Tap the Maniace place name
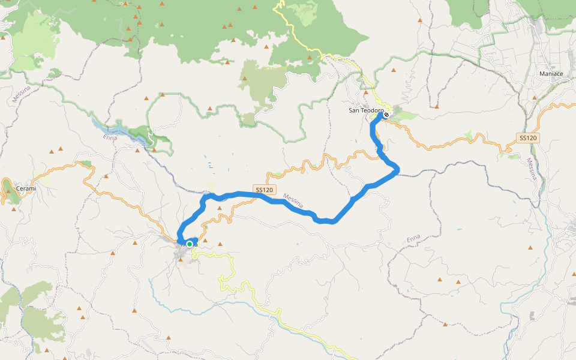[x=550, y=74]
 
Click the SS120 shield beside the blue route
[x=265, y=190]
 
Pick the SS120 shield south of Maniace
[x=527, y=138]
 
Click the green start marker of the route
[x=190, y=244]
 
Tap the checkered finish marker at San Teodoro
[x=386, y=115]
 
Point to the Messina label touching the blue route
[x=294, y=203]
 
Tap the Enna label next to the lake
[x=109, y=138]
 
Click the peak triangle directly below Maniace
[x=535, y=97]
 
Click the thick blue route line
[x=336, y=216]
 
